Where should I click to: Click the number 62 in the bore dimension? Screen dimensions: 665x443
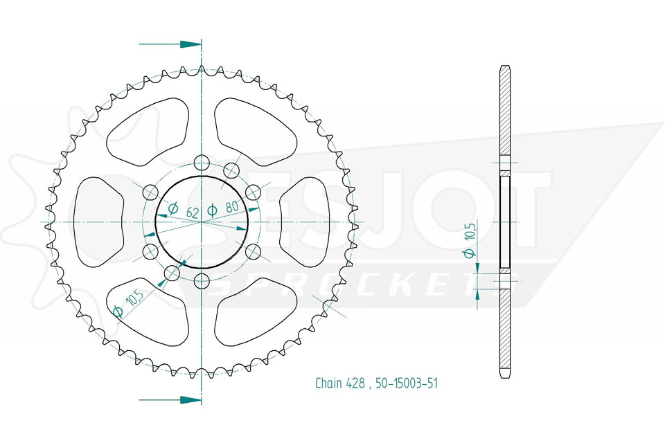point(192,212)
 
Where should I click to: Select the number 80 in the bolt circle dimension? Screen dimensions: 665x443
point(231,208)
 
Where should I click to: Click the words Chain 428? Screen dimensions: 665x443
point(340,383)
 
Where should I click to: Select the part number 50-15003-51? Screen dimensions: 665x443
point(407,383)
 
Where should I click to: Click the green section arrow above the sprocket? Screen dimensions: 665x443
point(170,44)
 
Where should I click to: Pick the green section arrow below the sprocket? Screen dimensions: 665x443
point(170,399)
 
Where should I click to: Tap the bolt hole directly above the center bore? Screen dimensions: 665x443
point(202,163)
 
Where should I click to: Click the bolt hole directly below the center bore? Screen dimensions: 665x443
point(202,280)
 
